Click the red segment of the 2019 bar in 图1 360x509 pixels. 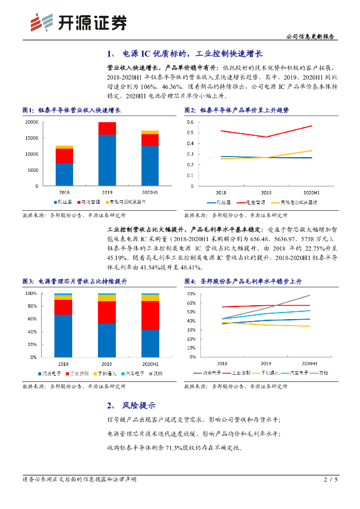[x=107, y=129]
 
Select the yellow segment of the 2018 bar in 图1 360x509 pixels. [x=65, y=147]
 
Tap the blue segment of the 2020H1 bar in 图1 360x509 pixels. [x=150, y=166]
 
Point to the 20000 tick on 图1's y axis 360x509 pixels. [x=31, y=122]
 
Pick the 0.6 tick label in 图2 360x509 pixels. [x=190, y=122]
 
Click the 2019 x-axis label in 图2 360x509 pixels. [x=266, y=192]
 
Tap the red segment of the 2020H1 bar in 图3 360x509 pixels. [x=150, y=315]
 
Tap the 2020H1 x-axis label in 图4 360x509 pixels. [x=309, y=364]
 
